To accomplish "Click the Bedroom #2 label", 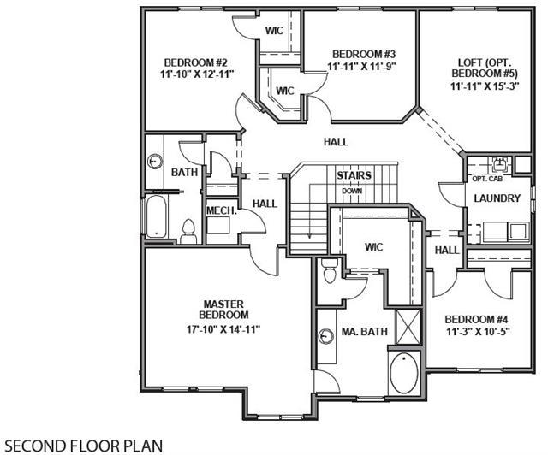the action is click(x=196, y=62).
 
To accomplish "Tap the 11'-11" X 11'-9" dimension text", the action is click(x=363, y=66).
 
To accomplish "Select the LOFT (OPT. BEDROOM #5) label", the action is click(x=485, y=68).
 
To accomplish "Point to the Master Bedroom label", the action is click(x=223, y=309).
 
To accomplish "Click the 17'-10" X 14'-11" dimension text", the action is click(x=223, y=329).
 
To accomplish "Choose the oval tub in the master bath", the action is click(x=404, y=373).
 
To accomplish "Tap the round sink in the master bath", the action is click(x=326, y=336).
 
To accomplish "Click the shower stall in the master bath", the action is click(x=408, y=326).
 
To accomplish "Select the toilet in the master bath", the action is click(x=330, y=271).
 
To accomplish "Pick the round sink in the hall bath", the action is click(x=154, y=162).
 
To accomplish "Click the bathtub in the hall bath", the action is click(x=156, y=216).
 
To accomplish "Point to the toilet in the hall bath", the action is click(x=188, y=231).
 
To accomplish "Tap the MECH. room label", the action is click(x=222, y=210).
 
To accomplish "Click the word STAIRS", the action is click(x=354, y=175).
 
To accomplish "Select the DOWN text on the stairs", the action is click(x=352, y=192).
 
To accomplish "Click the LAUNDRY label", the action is click(x=497, y=198).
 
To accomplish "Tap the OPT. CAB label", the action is click(x=487, y=179).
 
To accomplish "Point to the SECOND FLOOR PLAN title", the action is click(x=84, y=446).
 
